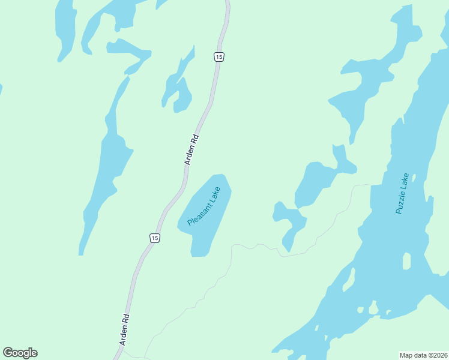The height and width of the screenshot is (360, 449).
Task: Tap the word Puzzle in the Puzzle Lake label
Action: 400,199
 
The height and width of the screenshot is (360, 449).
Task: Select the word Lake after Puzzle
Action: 406,179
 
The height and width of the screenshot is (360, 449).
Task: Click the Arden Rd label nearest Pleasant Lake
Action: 191,149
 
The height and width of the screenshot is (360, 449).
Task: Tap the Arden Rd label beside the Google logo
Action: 124,330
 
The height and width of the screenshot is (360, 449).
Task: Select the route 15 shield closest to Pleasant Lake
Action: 155,238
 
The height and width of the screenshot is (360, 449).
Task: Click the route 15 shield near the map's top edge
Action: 218,56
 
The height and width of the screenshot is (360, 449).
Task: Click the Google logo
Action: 20,353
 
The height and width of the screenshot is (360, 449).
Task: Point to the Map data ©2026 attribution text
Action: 423,355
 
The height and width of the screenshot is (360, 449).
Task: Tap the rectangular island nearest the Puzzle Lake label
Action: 406,261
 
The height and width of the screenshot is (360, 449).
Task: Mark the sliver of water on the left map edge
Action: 1,89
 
